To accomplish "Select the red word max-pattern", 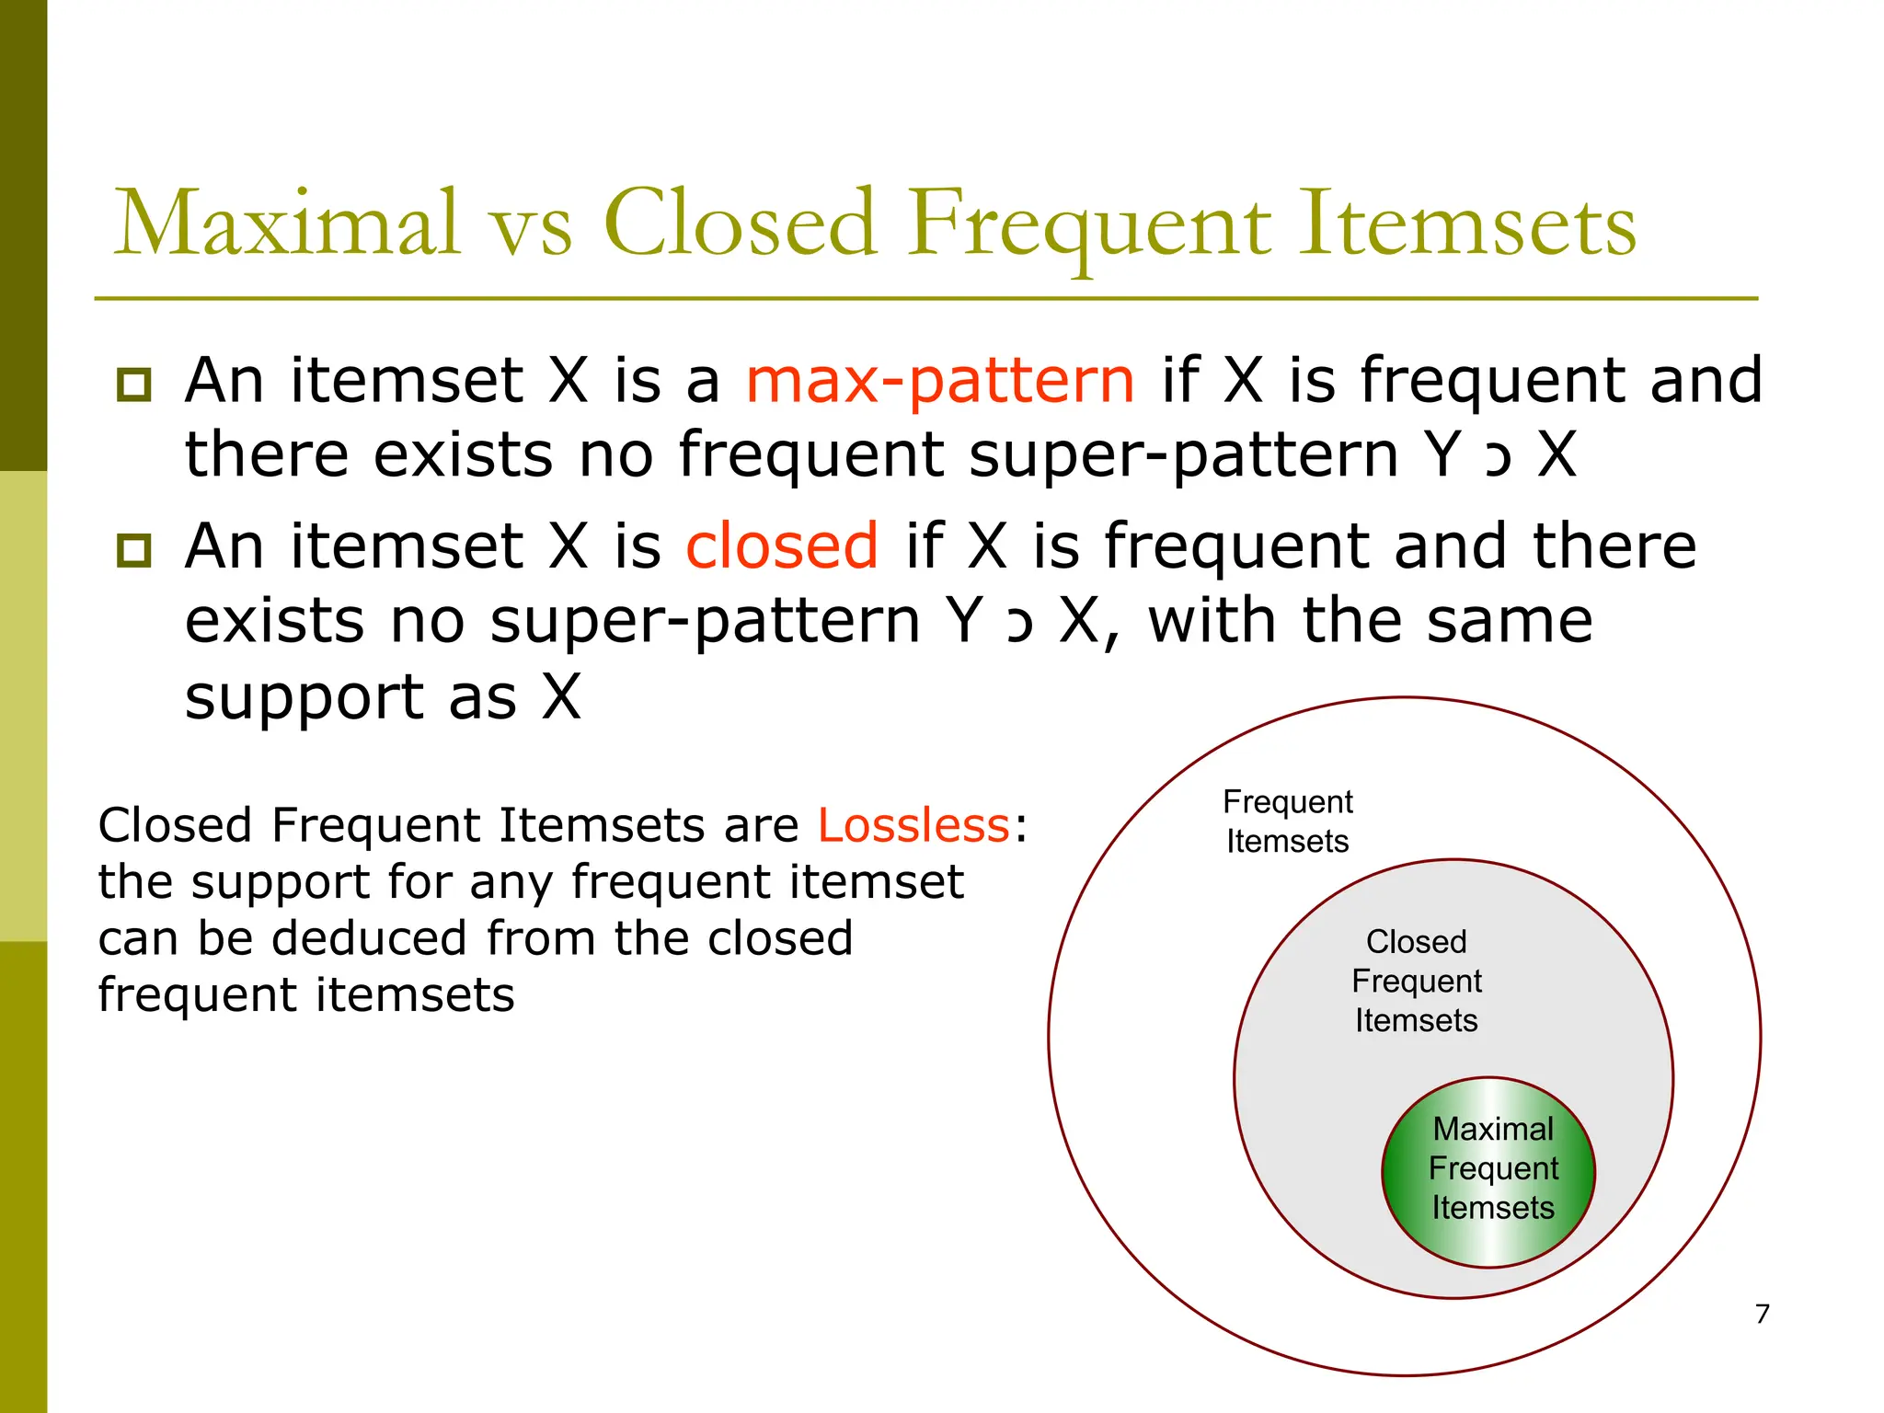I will click(x=940, y=381).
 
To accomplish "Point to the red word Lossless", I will click(x=913, y=824).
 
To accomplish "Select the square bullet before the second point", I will click(x=134, y=550).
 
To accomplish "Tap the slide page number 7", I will click(x=1762, y=1314).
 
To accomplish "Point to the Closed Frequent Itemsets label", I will click(x=1416, y=981).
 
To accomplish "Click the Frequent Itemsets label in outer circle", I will click(x=1287, y=821).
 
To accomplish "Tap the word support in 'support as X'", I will click(x=304, y=698).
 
